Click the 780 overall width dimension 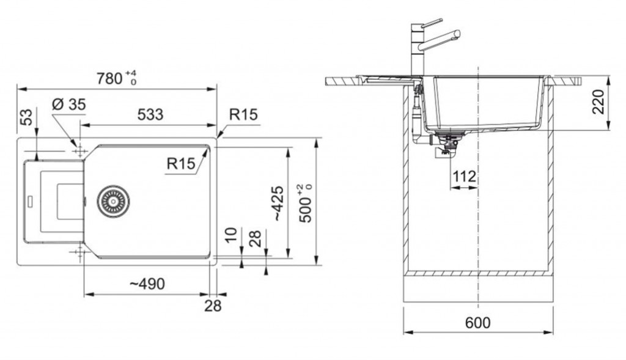[x=116, y=78]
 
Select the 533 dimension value [x=150, y=114]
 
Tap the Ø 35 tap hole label [x=68, y=105]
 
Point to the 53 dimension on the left [x=27, y=117]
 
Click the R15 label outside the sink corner [x=243, y=114]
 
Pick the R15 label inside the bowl [x=181, y=163]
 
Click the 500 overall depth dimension [x=307, y=204]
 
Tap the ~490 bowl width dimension [x=147, y=284]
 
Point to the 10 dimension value [x=230, y=235]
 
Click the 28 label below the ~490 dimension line [x=213, y=306]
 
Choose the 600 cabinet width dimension [x=478, y=323]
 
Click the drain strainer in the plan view [x=113, y=202]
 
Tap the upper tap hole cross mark [x=80, y=151]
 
